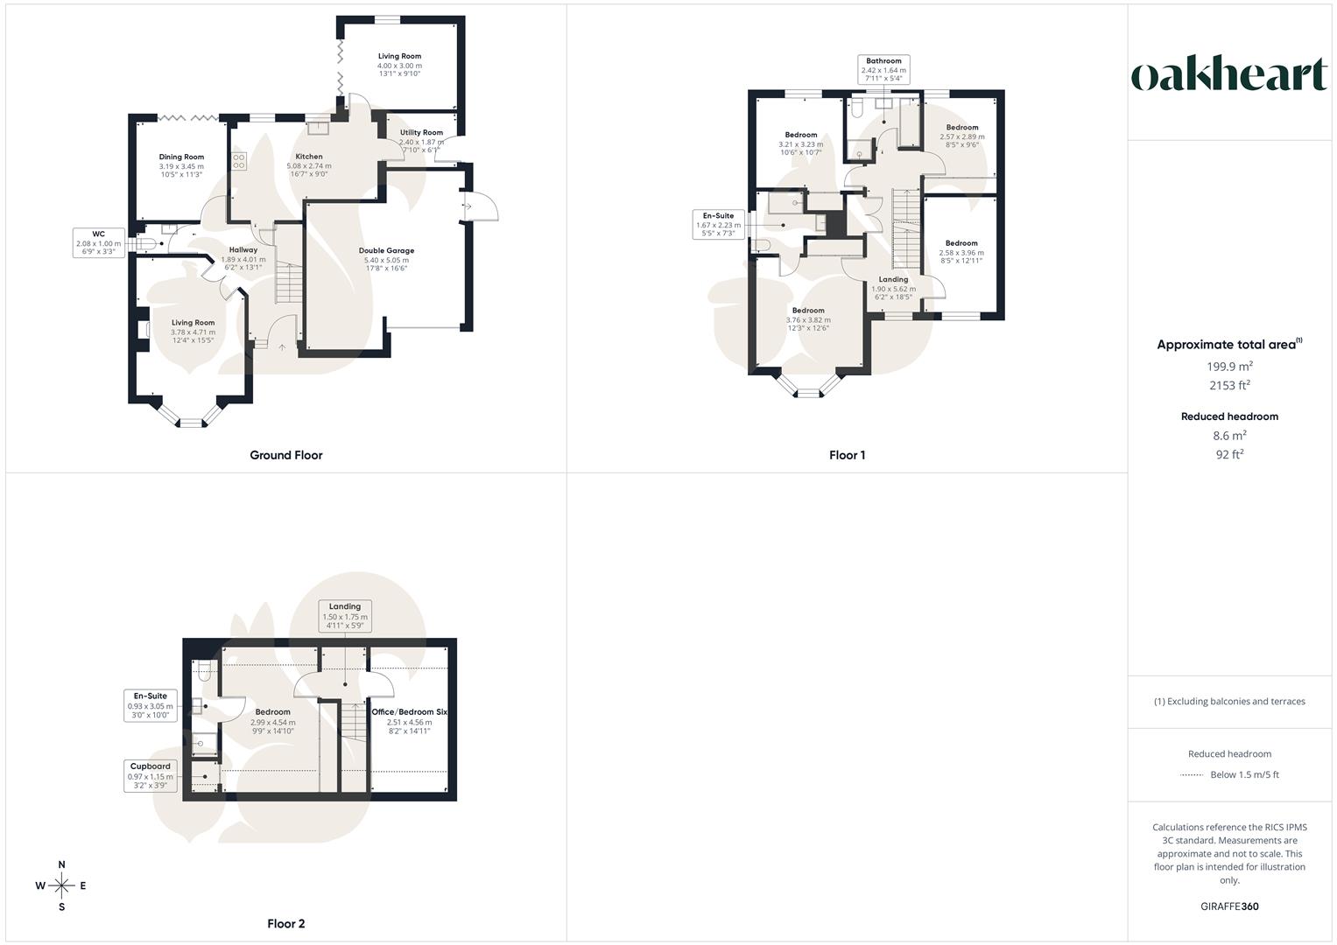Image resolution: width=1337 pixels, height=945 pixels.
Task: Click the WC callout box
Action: tap(99, 242)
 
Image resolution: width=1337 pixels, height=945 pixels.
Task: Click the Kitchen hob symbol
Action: tap(239, 161)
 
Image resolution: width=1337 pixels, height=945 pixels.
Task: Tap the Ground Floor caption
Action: tap(285, 455)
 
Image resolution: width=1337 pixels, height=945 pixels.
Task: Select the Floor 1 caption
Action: tap(847, 455)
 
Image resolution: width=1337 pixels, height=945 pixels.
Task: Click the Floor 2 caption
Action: tap(285, 924)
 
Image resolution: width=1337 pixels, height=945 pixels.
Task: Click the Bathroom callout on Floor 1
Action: tap(883, 69)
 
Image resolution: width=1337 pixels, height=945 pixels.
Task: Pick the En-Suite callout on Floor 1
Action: tap(718, 224)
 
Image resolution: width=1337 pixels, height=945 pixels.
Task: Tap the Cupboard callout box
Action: tap(151, 775)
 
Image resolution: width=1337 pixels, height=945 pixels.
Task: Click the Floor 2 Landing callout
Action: tap(345, 615)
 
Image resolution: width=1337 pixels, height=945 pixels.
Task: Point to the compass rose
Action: tap(61, 885)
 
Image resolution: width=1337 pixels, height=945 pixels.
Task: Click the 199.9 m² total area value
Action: tap(1229, 367)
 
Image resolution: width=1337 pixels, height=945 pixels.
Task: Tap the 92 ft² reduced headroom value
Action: tap(1229, 454)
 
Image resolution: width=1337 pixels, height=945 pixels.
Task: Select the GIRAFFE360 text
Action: tap(1229, 906)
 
